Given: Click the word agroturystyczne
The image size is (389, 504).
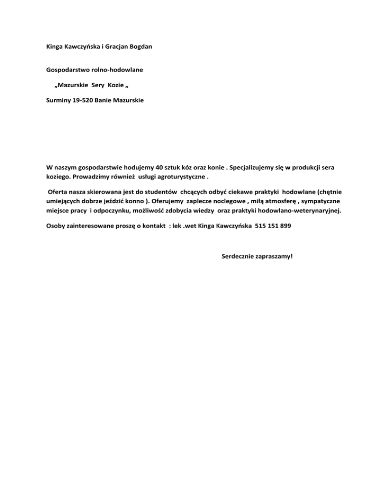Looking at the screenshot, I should click(x=184, y=177).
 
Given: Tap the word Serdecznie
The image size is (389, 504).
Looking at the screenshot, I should click(x=239, y=256).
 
